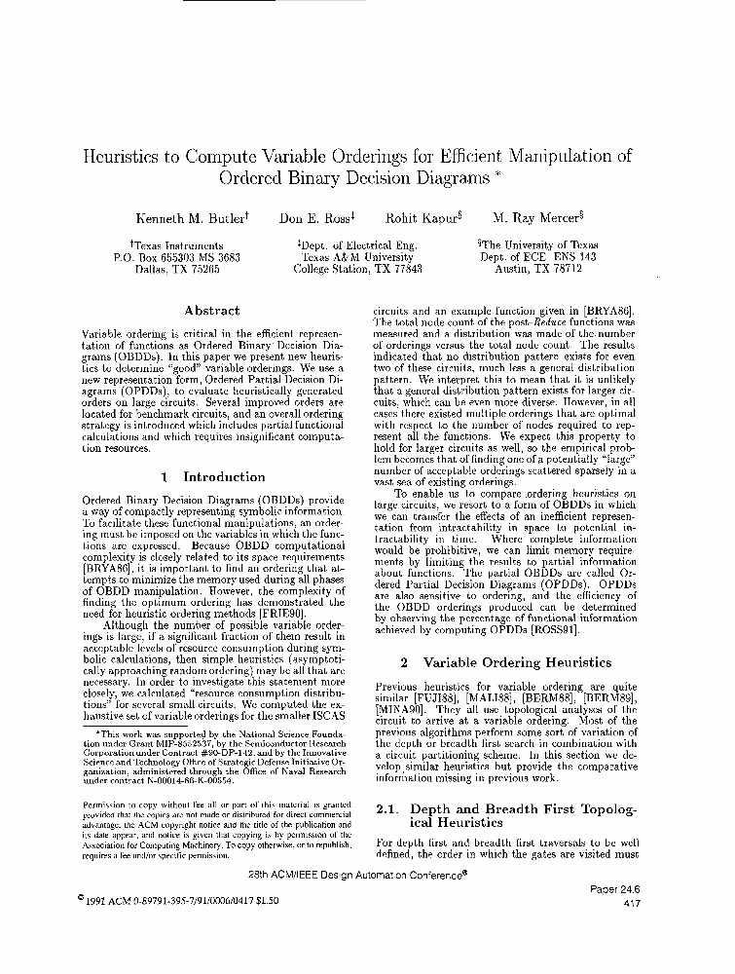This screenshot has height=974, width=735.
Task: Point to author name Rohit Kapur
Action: (x=423, y=219)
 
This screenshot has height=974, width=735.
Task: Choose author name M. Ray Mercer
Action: (x=536, y=219)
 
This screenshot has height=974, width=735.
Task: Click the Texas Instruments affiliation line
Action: (x=175, y=245)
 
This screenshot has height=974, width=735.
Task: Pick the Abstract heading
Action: (x=211, y=311)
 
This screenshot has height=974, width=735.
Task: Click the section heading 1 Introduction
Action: (x=211, y=477)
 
